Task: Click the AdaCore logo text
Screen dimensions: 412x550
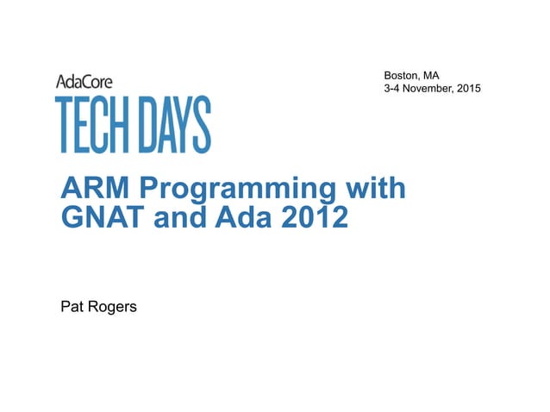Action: [x=84, y=81]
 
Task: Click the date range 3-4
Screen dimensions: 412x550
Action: [x=393, y=90]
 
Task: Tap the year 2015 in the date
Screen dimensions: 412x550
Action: [x=469, y=90]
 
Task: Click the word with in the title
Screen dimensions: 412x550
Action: [x=370, y=189]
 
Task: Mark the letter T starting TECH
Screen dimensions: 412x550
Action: [x=64, y=124]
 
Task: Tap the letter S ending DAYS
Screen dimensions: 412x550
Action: [x=202, y=124]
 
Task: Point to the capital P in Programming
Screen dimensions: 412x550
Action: [x=147, y=189]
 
